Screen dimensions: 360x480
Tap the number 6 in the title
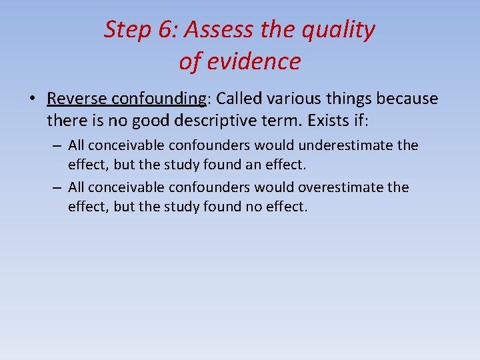tap(169, 30)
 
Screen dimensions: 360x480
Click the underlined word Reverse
tap(76, 99)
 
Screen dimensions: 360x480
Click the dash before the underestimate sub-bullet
tap(58, 145)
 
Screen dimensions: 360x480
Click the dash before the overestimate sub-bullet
tap(58, 187)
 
